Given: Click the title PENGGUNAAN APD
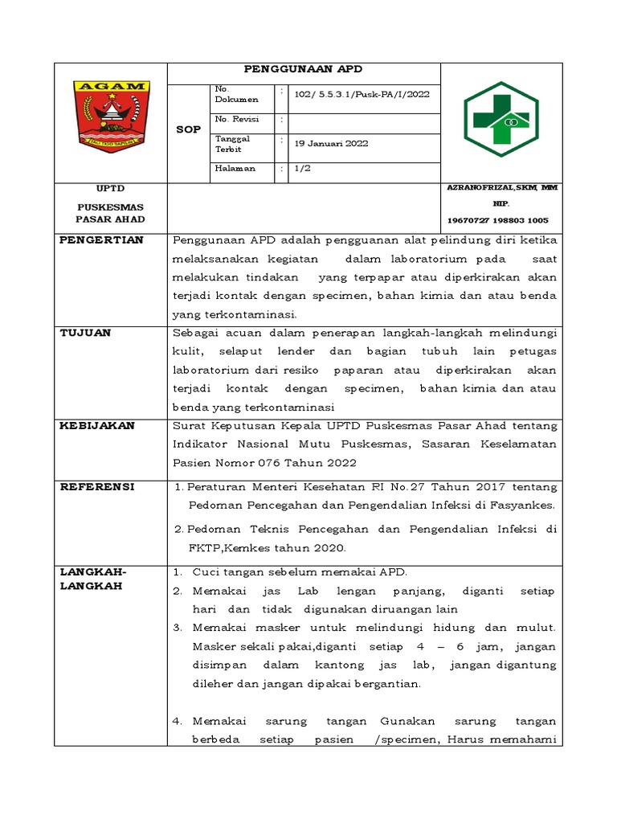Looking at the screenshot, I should [303, 70].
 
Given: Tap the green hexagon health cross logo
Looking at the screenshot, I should [501, 119].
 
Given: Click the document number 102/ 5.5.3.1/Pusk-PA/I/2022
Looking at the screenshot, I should [362, 94].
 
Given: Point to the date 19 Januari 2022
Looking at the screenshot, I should [331, 143].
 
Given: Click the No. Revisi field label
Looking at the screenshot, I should [234, 120].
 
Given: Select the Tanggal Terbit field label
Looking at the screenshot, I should [233, 143].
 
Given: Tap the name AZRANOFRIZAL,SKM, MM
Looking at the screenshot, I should [502, 188].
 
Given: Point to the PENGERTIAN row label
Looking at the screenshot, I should [101, 240].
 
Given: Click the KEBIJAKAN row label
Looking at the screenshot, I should [97, 425].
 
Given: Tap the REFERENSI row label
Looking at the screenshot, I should [97, 487].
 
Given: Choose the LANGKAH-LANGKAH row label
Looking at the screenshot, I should [92, 579].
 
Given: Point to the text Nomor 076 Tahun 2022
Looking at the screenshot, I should [300, 462].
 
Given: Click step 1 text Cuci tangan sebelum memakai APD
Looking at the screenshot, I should [300, 571].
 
